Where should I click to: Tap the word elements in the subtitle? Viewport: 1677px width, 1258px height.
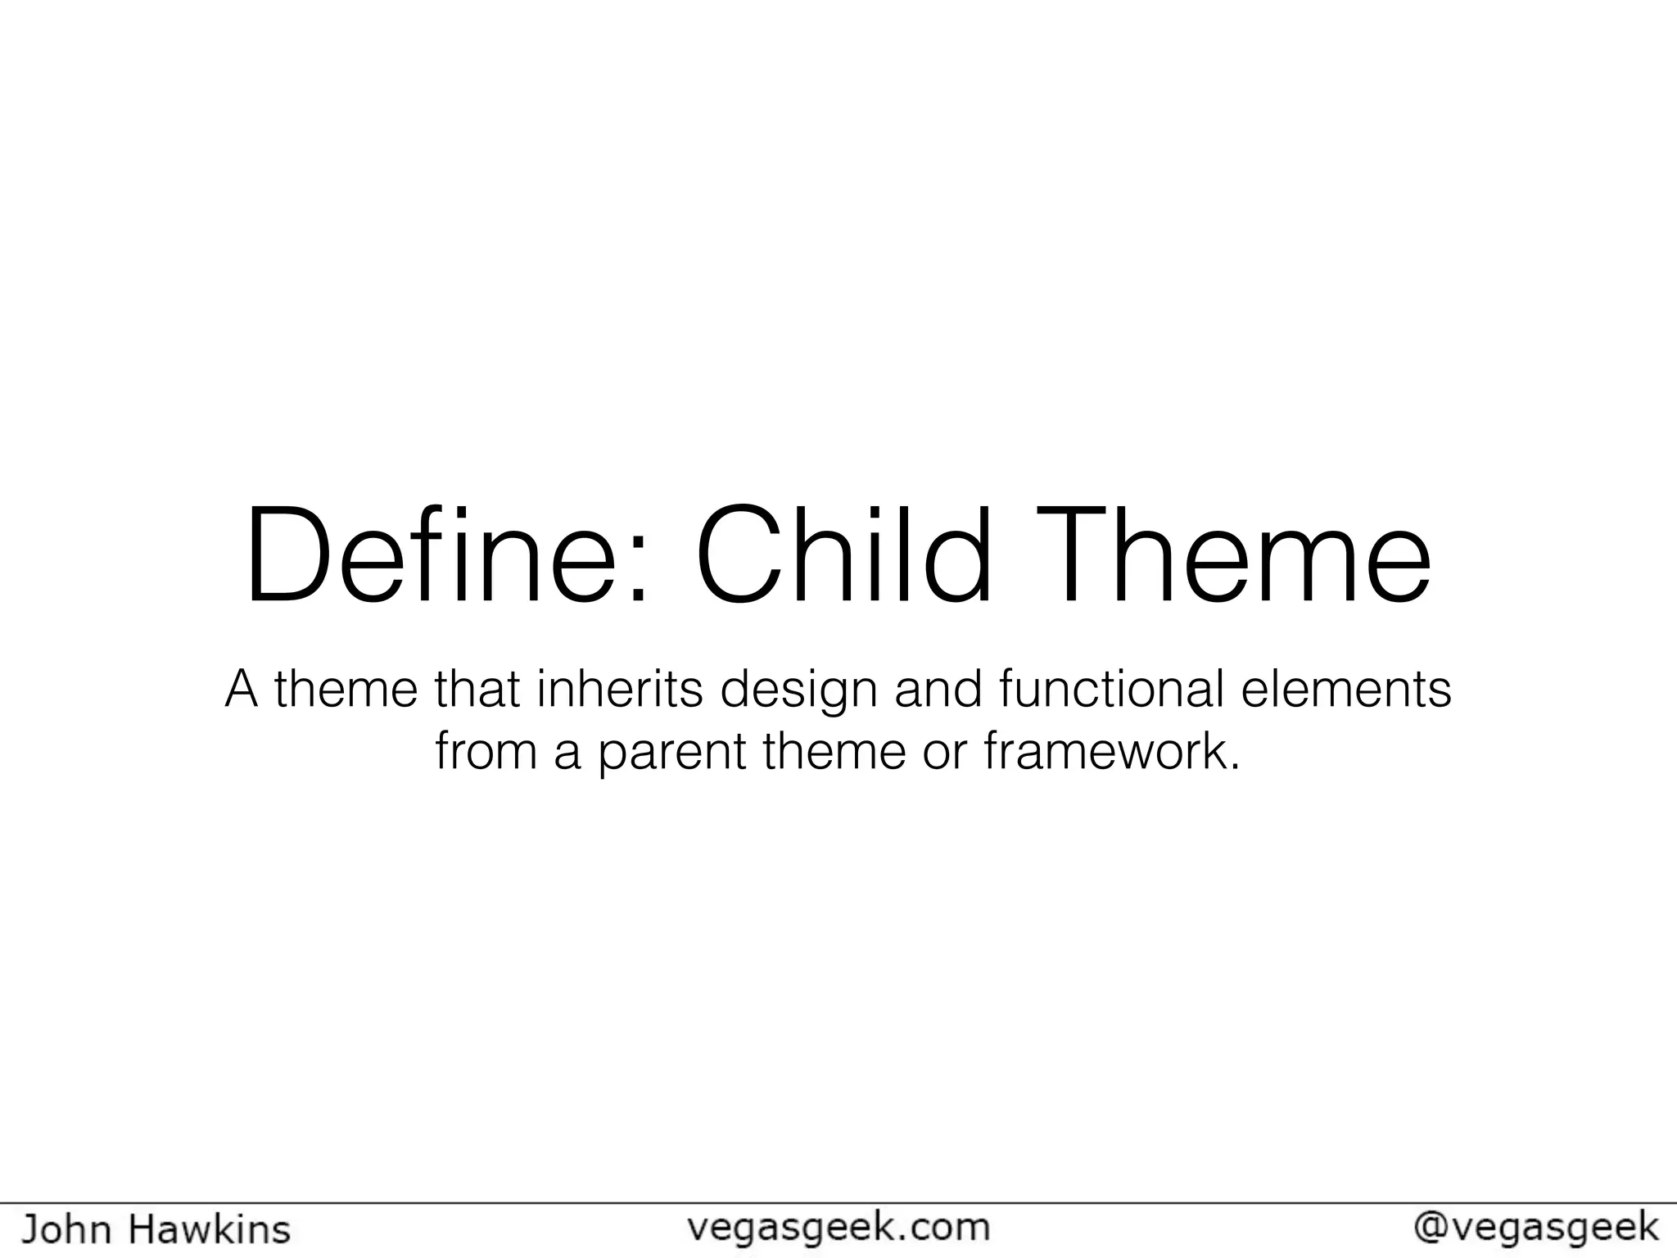pyautogui.click(x=1346, y=689)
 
